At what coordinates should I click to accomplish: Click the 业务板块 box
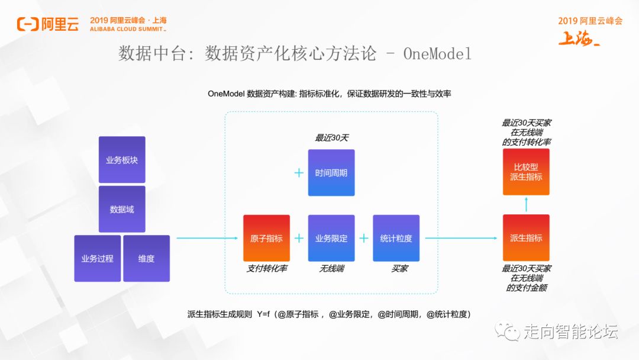point(122,159)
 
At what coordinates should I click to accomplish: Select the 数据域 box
point(122,209)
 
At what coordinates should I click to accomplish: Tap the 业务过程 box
point(97,258)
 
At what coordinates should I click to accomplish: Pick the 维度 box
point(146,258)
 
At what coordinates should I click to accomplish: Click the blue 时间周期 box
point(331,173)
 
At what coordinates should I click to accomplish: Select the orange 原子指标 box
point(266,238)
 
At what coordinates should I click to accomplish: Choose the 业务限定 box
point(331,238)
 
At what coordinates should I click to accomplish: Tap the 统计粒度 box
point(396,238)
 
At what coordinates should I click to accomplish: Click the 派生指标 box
point(526,238)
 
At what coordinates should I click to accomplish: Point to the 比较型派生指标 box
point(526,172)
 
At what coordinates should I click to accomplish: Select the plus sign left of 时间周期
point(299,173)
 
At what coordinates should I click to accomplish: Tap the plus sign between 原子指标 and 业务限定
point(299,238)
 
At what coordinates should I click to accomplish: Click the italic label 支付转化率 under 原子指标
point(267,269)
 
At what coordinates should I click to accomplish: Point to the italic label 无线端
point(331,269)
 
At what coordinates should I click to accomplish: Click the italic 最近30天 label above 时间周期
point(331,138)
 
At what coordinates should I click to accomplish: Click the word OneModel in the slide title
point(437,54)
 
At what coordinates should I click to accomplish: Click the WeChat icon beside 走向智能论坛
point(508,330)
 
